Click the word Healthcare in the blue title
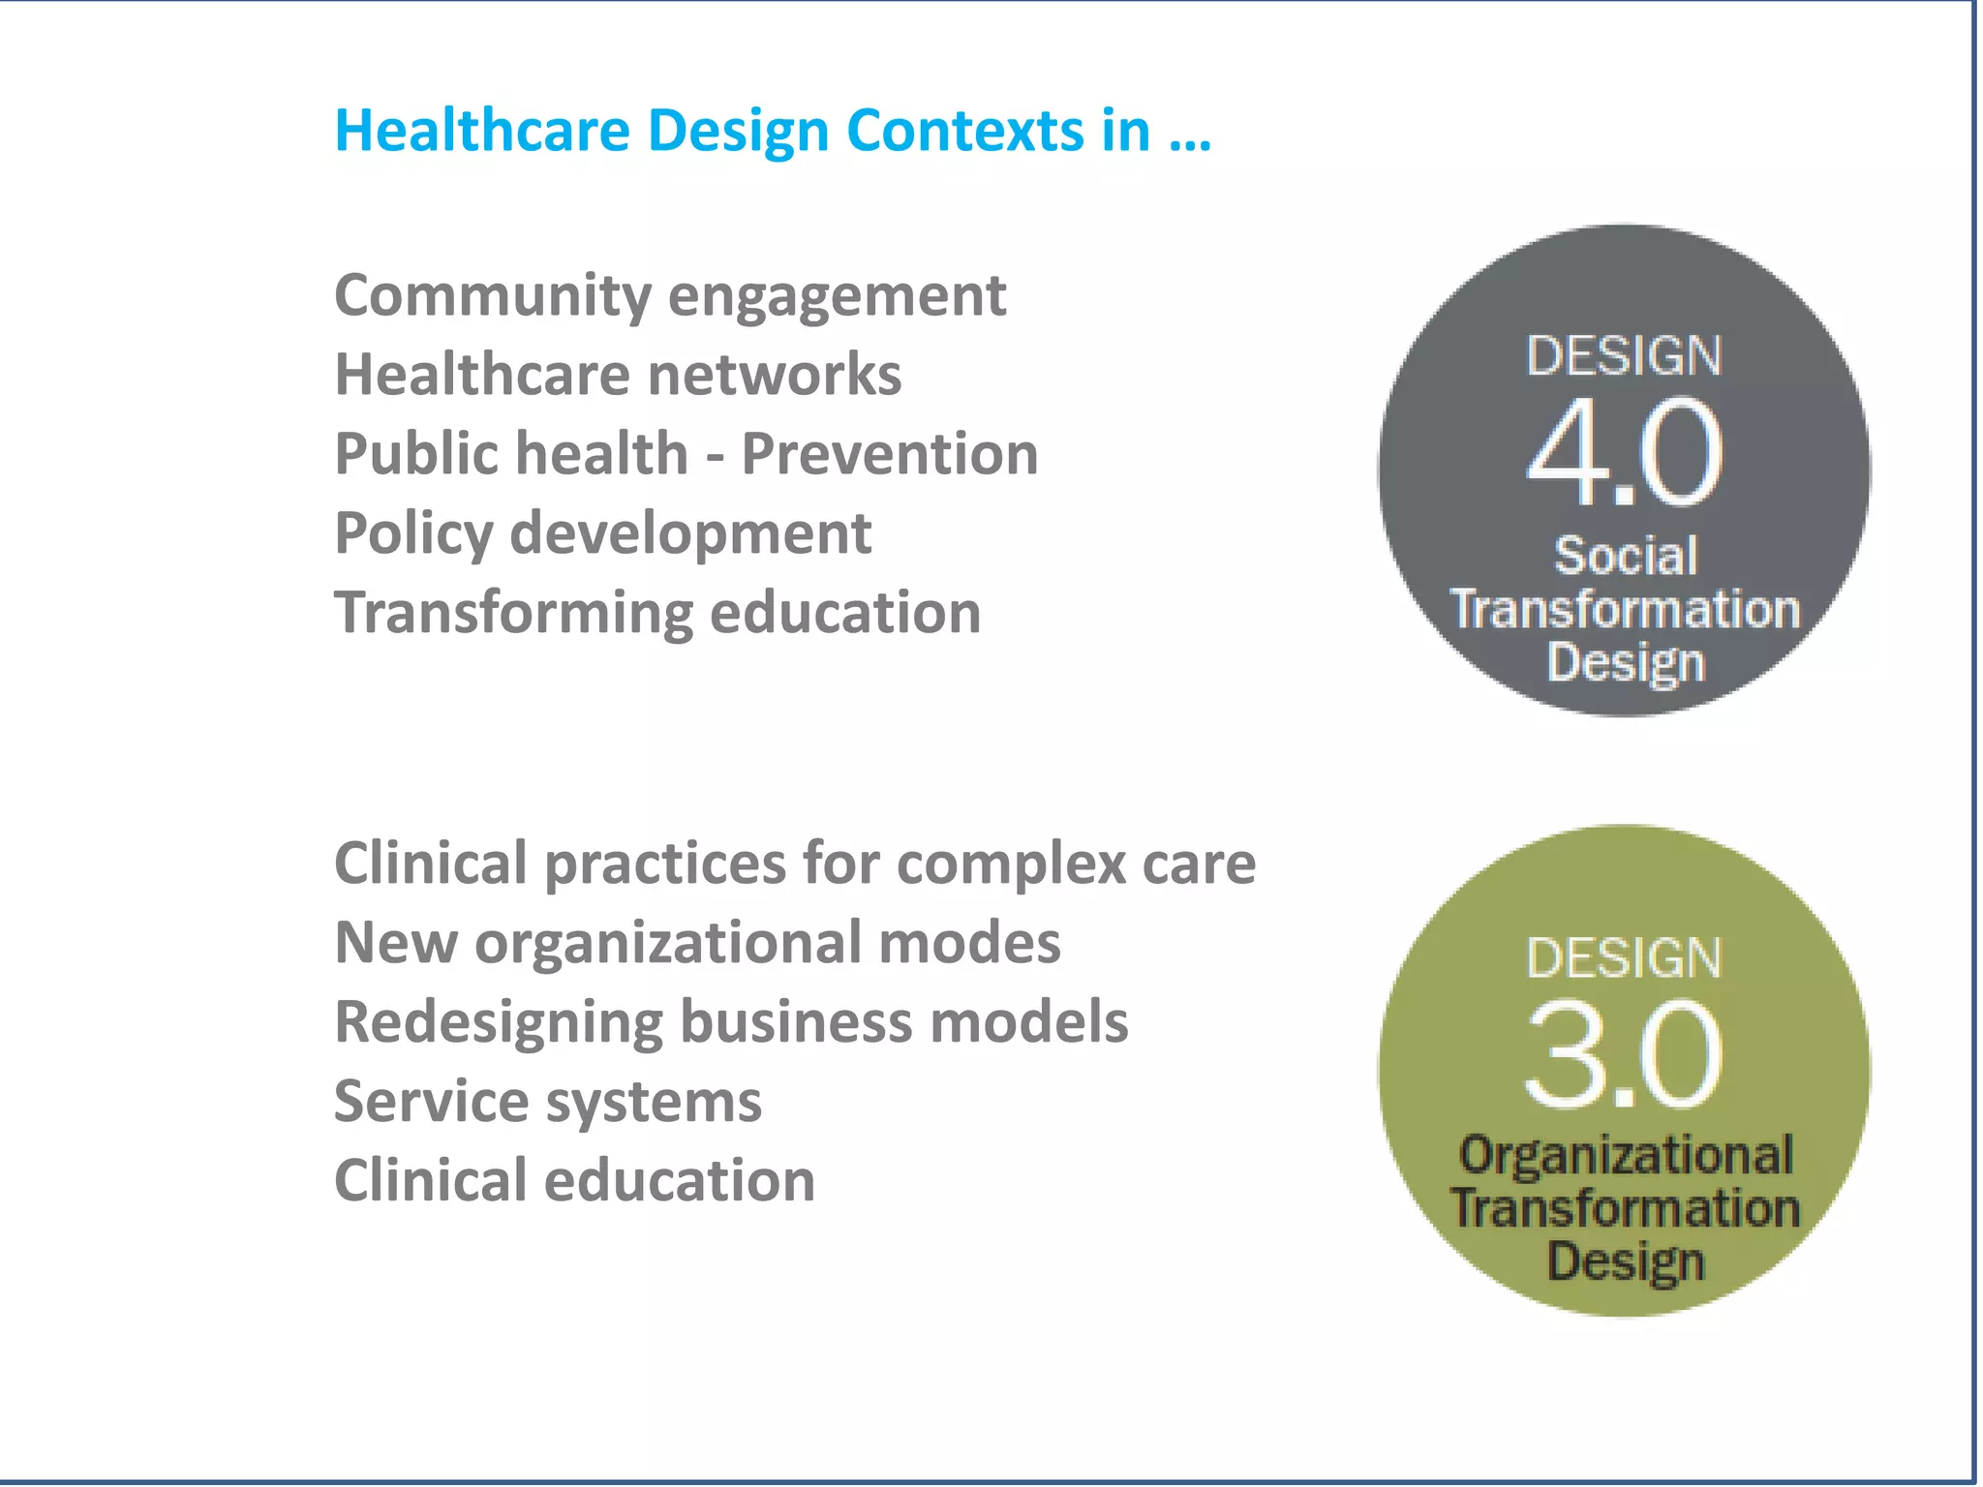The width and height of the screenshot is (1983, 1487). click(481, 131)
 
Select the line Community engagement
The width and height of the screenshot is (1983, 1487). click(670, 296)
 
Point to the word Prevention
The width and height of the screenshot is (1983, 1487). click(889, 454)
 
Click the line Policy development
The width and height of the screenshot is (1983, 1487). click(602, 533)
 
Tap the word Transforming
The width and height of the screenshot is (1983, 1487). click(513, 614)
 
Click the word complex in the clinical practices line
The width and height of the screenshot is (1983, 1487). click(1011, 864)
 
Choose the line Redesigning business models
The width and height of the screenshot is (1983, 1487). click(731, 1022)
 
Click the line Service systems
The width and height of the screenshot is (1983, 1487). click(548, 1102)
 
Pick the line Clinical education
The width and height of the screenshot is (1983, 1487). click(574, 1181)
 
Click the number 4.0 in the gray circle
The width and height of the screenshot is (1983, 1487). click(1625, 453)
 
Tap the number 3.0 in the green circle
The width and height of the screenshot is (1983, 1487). click(1625, 1055)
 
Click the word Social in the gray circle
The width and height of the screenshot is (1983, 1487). click(1626, 557)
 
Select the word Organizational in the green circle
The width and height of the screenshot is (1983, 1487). click(1626, 1155)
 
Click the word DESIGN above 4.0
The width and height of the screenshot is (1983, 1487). click(1625, 355)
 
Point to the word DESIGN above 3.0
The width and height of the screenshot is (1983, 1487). click(1625, 957)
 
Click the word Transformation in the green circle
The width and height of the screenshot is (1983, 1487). click(1626, 1208)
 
